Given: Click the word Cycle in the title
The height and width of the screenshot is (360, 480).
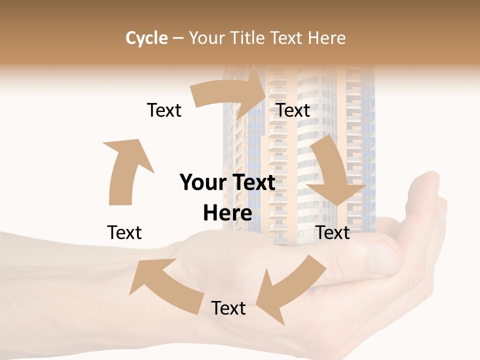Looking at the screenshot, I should (146, 38).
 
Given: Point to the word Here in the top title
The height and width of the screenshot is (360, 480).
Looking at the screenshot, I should (327, 38).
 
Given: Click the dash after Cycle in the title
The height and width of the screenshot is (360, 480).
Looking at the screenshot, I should (178, 38).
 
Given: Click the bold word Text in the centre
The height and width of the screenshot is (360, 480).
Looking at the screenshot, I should (252, 182).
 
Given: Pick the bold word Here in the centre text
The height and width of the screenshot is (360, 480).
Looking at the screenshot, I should (227, 213).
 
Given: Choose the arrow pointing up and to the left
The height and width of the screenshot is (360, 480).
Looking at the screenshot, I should (165, 280).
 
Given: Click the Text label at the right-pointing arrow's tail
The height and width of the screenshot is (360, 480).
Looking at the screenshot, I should (164, 110).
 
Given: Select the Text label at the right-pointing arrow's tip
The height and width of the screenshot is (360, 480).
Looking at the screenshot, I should (293, 110).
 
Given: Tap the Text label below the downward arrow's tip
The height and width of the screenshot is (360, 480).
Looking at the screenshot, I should (333, 232).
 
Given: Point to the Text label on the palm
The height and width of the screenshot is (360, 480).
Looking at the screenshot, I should (228, 308).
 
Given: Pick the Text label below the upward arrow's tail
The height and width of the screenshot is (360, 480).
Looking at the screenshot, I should (124, 232).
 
